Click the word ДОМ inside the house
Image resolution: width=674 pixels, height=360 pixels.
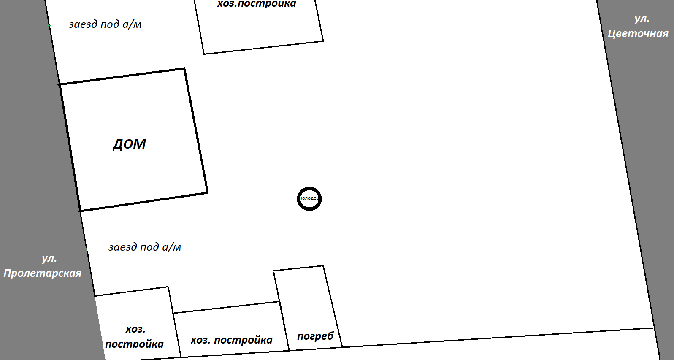(x=130, y=144)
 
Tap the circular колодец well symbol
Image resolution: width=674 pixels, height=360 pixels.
(x=309, y=198)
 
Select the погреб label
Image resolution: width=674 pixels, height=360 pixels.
(x=315, y=336)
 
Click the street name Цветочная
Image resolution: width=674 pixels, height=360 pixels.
(x=638, y=34)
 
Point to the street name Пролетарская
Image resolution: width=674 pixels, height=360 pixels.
(x=43, y=273)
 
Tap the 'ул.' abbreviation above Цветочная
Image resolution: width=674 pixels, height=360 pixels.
(x=642, y=19)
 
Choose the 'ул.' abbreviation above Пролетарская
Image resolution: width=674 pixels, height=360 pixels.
(x=49, y=258)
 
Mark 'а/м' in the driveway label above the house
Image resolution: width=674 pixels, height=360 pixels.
(x=132, y=24)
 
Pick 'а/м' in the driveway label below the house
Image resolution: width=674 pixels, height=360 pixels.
(x=172, y=247)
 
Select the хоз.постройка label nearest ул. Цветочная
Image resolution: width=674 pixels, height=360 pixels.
(x=257, y=4)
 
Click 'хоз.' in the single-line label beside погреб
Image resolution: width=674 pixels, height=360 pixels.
(x=200, y=340)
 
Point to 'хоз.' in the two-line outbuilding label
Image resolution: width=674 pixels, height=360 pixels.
(x=135, y=329)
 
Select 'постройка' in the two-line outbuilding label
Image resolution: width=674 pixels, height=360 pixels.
(x=134, y=344)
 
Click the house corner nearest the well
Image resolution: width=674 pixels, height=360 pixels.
(x=207, y=193)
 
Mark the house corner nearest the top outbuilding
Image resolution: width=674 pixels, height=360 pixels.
(x=184, y=68)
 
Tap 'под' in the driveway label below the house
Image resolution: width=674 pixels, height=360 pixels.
(x=149, y=247)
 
